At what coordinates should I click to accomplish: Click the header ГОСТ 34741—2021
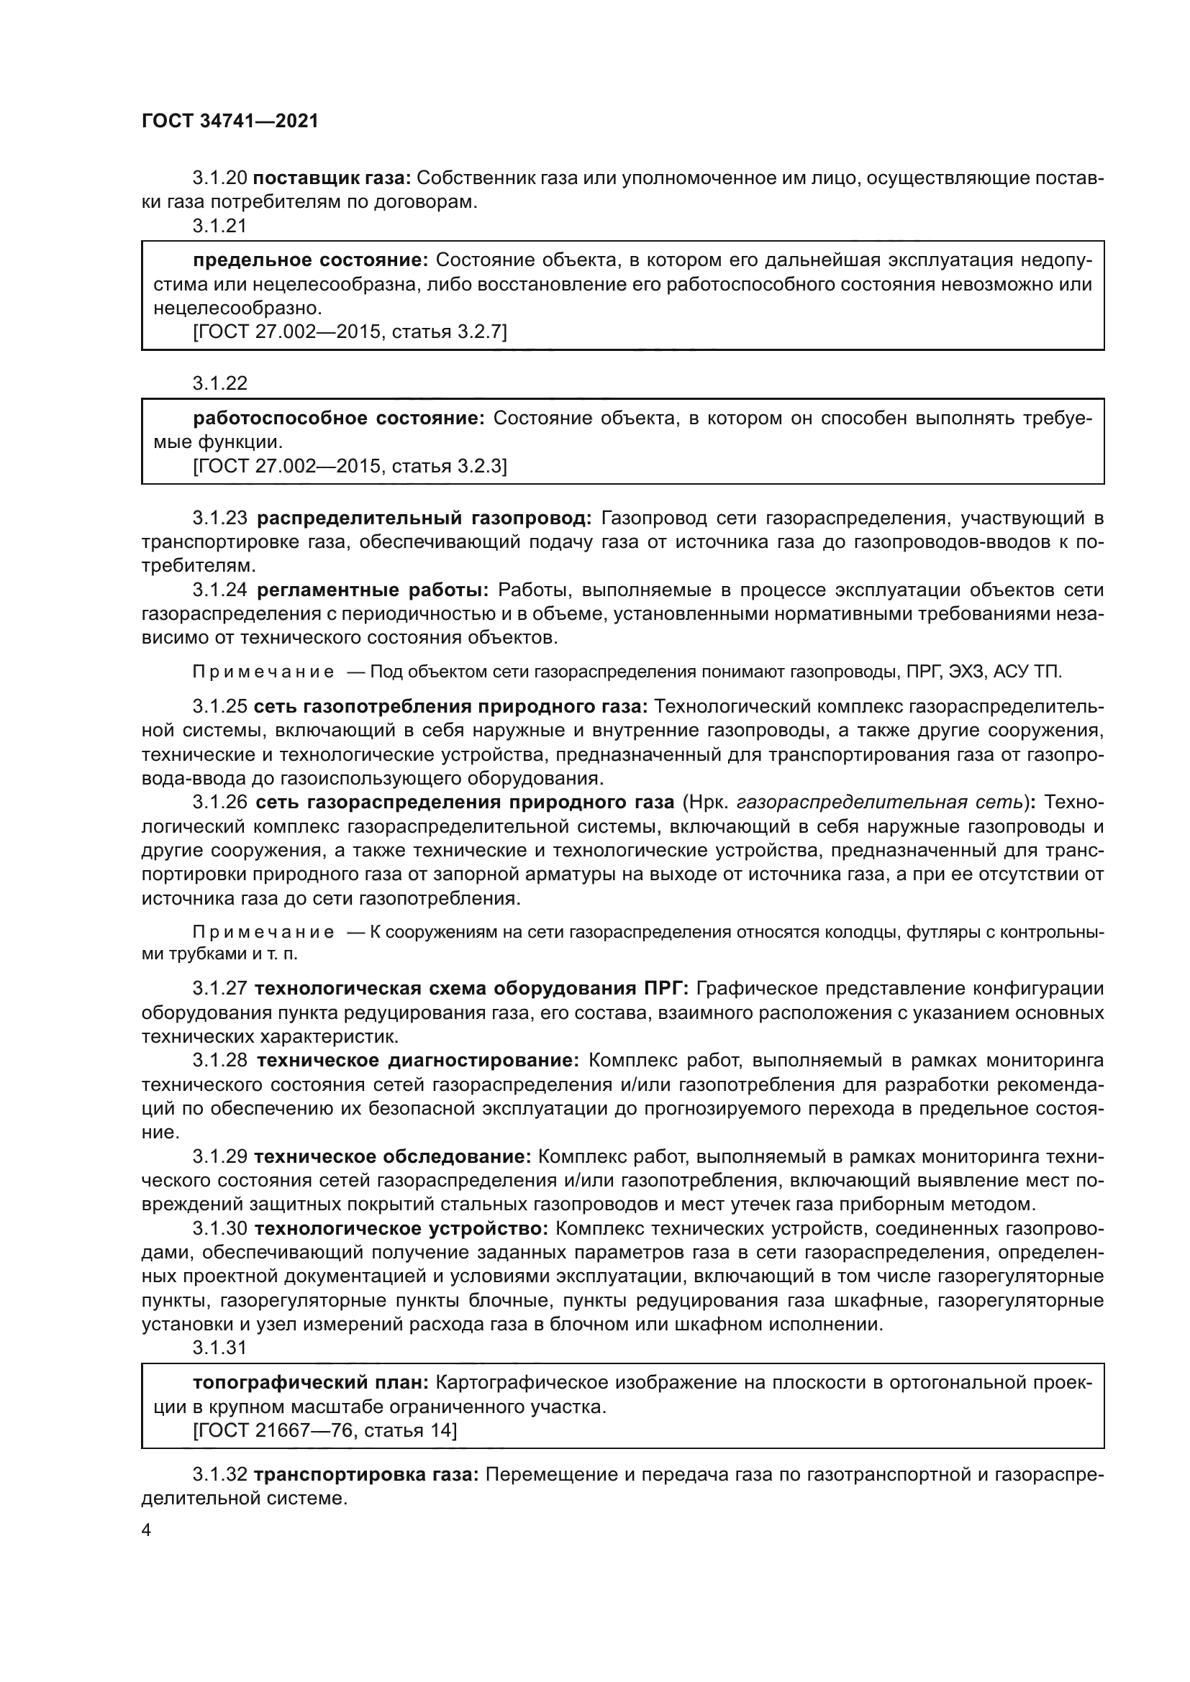click(230, 122)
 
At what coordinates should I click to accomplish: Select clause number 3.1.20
click(220, 178)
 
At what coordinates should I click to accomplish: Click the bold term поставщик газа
click(334, 178)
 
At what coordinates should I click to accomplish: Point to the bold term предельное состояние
click(311, 260)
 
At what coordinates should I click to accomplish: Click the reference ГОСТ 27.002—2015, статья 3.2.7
click(350, 332)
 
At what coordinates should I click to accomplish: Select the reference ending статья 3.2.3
click(350, 466)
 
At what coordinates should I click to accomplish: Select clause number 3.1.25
click(220, 706)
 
